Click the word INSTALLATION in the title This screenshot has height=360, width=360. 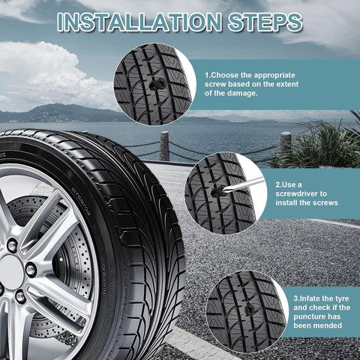pyautogui.click(x=139, y=22)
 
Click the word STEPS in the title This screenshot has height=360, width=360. pyautogui.click(x=265, y=22)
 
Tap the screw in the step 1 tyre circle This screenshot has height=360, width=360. pyautogui.click(x=155, y=84)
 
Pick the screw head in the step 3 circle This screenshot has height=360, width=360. pyautogui.click(x=250, y=310)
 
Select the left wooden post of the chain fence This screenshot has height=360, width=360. pyautogui.click(x=164, y=146)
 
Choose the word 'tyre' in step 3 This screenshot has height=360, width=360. pyautogui.click(x=341, y=299)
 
